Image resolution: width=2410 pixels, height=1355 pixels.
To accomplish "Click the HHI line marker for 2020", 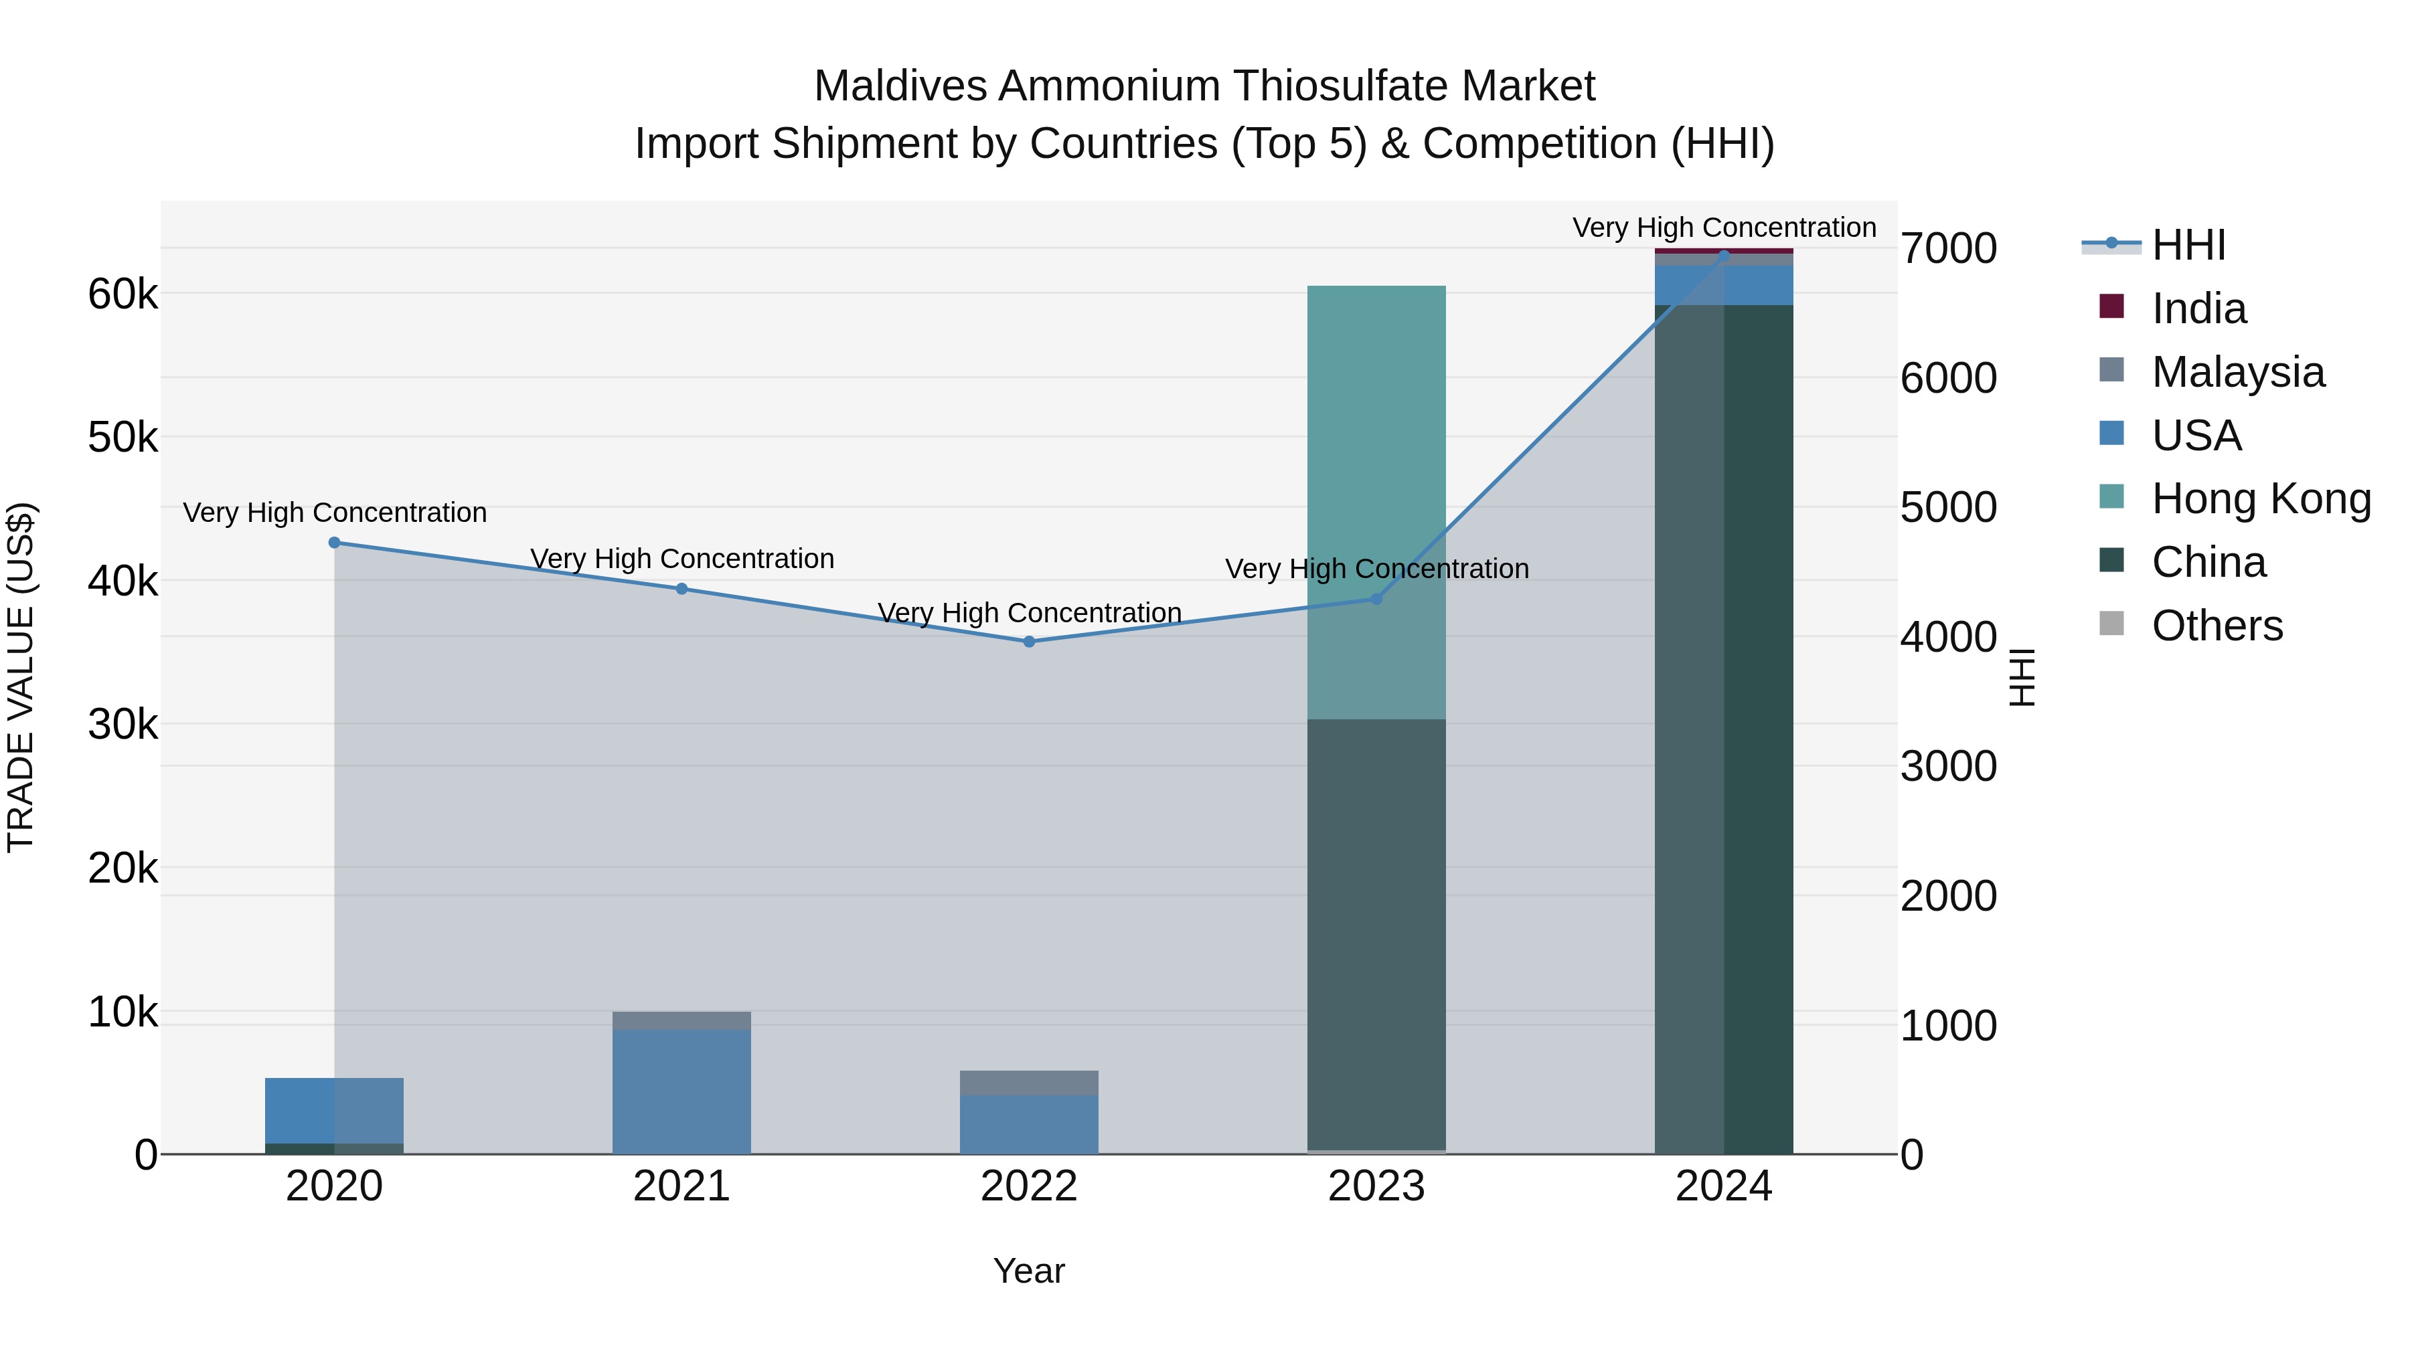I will pyautogui.click(x=334, y=543).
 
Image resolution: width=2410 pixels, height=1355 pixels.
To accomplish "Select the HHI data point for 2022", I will pyautogui.click(x=1029, y=642).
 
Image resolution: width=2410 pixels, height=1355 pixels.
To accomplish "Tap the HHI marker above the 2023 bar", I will pyautogui.click(x=1376, y=598).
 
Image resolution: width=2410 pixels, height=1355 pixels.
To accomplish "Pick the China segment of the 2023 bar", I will pyautogui.click(x=1376, y=935).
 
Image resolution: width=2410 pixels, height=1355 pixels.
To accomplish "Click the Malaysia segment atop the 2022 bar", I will pyautogui.click(x=1029, y=1083).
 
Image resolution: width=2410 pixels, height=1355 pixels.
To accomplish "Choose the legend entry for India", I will pyautogui.click(x=2198, y=308).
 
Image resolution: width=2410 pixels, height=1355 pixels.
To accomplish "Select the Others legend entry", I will pyautogui.click(x=2217, y=626).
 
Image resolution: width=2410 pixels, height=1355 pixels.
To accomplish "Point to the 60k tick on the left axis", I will pyautogui.click(x=123, y=294).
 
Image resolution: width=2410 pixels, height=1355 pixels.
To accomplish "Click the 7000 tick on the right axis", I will pyautogui.click(x=1949, y=249).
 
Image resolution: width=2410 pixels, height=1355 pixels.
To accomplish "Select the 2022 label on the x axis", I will pyautogui.click(x=1029, y=1186).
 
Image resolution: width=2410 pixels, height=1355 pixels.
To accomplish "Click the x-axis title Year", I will pyautogui.click(x=1029, y=1271).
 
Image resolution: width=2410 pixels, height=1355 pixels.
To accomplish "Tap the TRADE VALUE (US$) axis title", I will pyautogui.click(x=21, y=677).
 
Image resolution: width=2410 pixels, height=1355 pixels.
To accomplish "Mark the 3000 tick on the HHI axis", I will pyautogui.click(x=1949, y=767).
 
